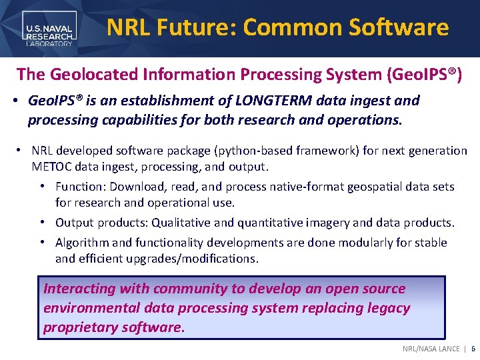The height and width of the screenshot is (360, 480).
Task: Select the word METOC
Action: click(x=52, y=166)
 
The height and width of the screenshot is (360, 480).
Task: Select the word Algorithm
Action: click(x=83, y=243)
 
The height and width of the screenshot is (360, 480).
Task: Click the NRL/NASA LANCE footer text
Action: click(x=431, y=349)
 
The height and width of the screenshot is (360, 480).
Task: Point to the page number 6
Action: click(x=473, y=349)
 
